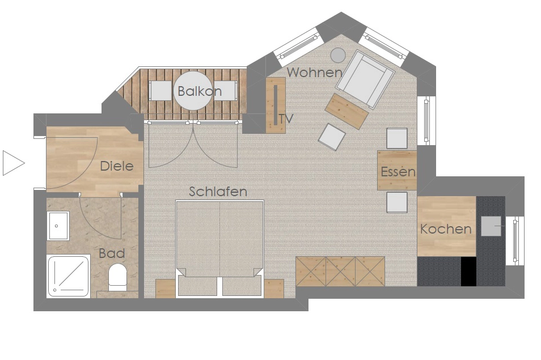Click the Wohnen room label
pos(314,73)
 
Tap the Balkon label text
pos(200,91)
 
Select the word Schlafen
pos(218,192)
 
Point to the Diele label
pos(117,166)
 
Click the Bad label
pos(112,253)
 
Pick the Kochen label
pos(446,229)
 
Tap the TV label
pos(286,119)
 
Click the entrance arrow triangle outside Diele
pos(14,163)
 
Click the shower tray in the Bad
pos(68,277)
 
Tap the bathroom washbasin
pos(58,226)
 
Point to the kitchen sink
pos(491,226)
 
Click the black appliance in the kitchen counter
pos(468,271)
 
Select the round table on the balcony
pos(192,90)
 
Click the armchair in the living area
pos(365,78)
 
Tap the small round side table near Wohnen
pos(338,55)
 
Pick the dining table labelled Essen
pos(397,170)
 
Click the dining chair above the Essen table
pos(397,138)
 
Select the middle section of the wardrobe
pos(340,271)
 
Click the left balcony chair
pos(160,91)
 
